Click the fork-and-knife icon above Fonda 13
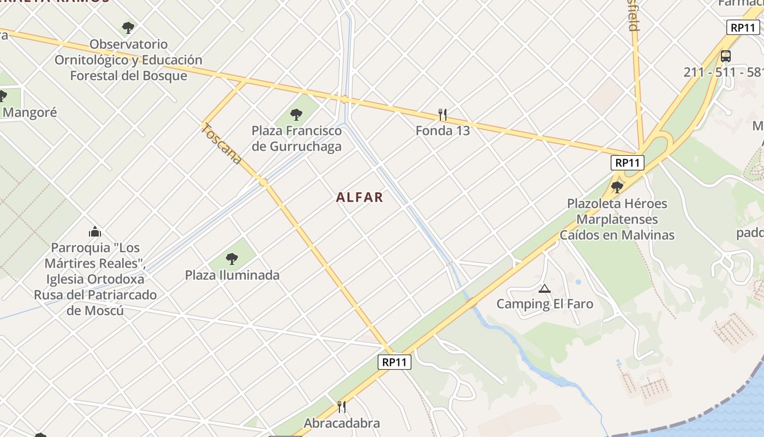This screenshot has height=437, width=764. (443, 115)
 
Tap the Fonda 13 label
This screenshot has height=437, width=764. (443, 131)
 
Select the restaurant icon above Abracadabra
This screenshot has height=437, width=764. (342, 407)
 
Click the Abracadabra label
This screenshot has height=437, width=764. (342, 423)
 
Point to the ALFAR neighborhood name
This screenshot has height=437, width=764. (360, 197)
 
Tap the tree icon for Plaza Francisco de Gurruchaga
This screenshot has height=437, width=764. (296, 115)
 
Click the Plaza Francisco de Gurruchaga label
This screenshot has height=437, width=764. (296, 138)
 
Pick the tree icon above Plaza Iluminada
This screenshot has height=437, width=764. (232, 259)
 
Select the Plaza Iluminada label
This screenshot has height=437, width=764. (232, 275)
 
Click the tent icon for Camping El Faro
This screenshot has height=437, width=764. (544, 288)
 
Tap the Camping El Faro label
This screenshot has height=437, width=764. (544, 304)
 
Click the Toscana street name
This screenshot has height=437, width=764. (222, 144)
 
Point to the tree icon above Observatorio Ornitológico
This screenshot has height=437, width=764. (128, 27)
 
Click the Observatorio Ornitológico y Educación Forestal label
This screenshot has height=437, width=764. (128, 60)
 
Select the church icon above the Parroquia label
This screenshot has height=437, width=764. (95, 232)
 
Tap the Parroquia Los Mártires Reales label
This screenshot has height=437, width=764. (95, 279)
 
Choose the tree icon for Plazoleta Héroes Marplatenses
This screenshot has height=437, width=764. (617, 187)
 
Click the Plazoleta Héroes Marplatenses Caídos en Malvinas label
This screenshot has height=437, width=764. (617, 219)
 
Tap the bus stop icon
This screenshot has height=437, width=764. (726, 56)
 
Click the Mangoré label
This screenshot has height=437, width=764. (29, 113)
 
